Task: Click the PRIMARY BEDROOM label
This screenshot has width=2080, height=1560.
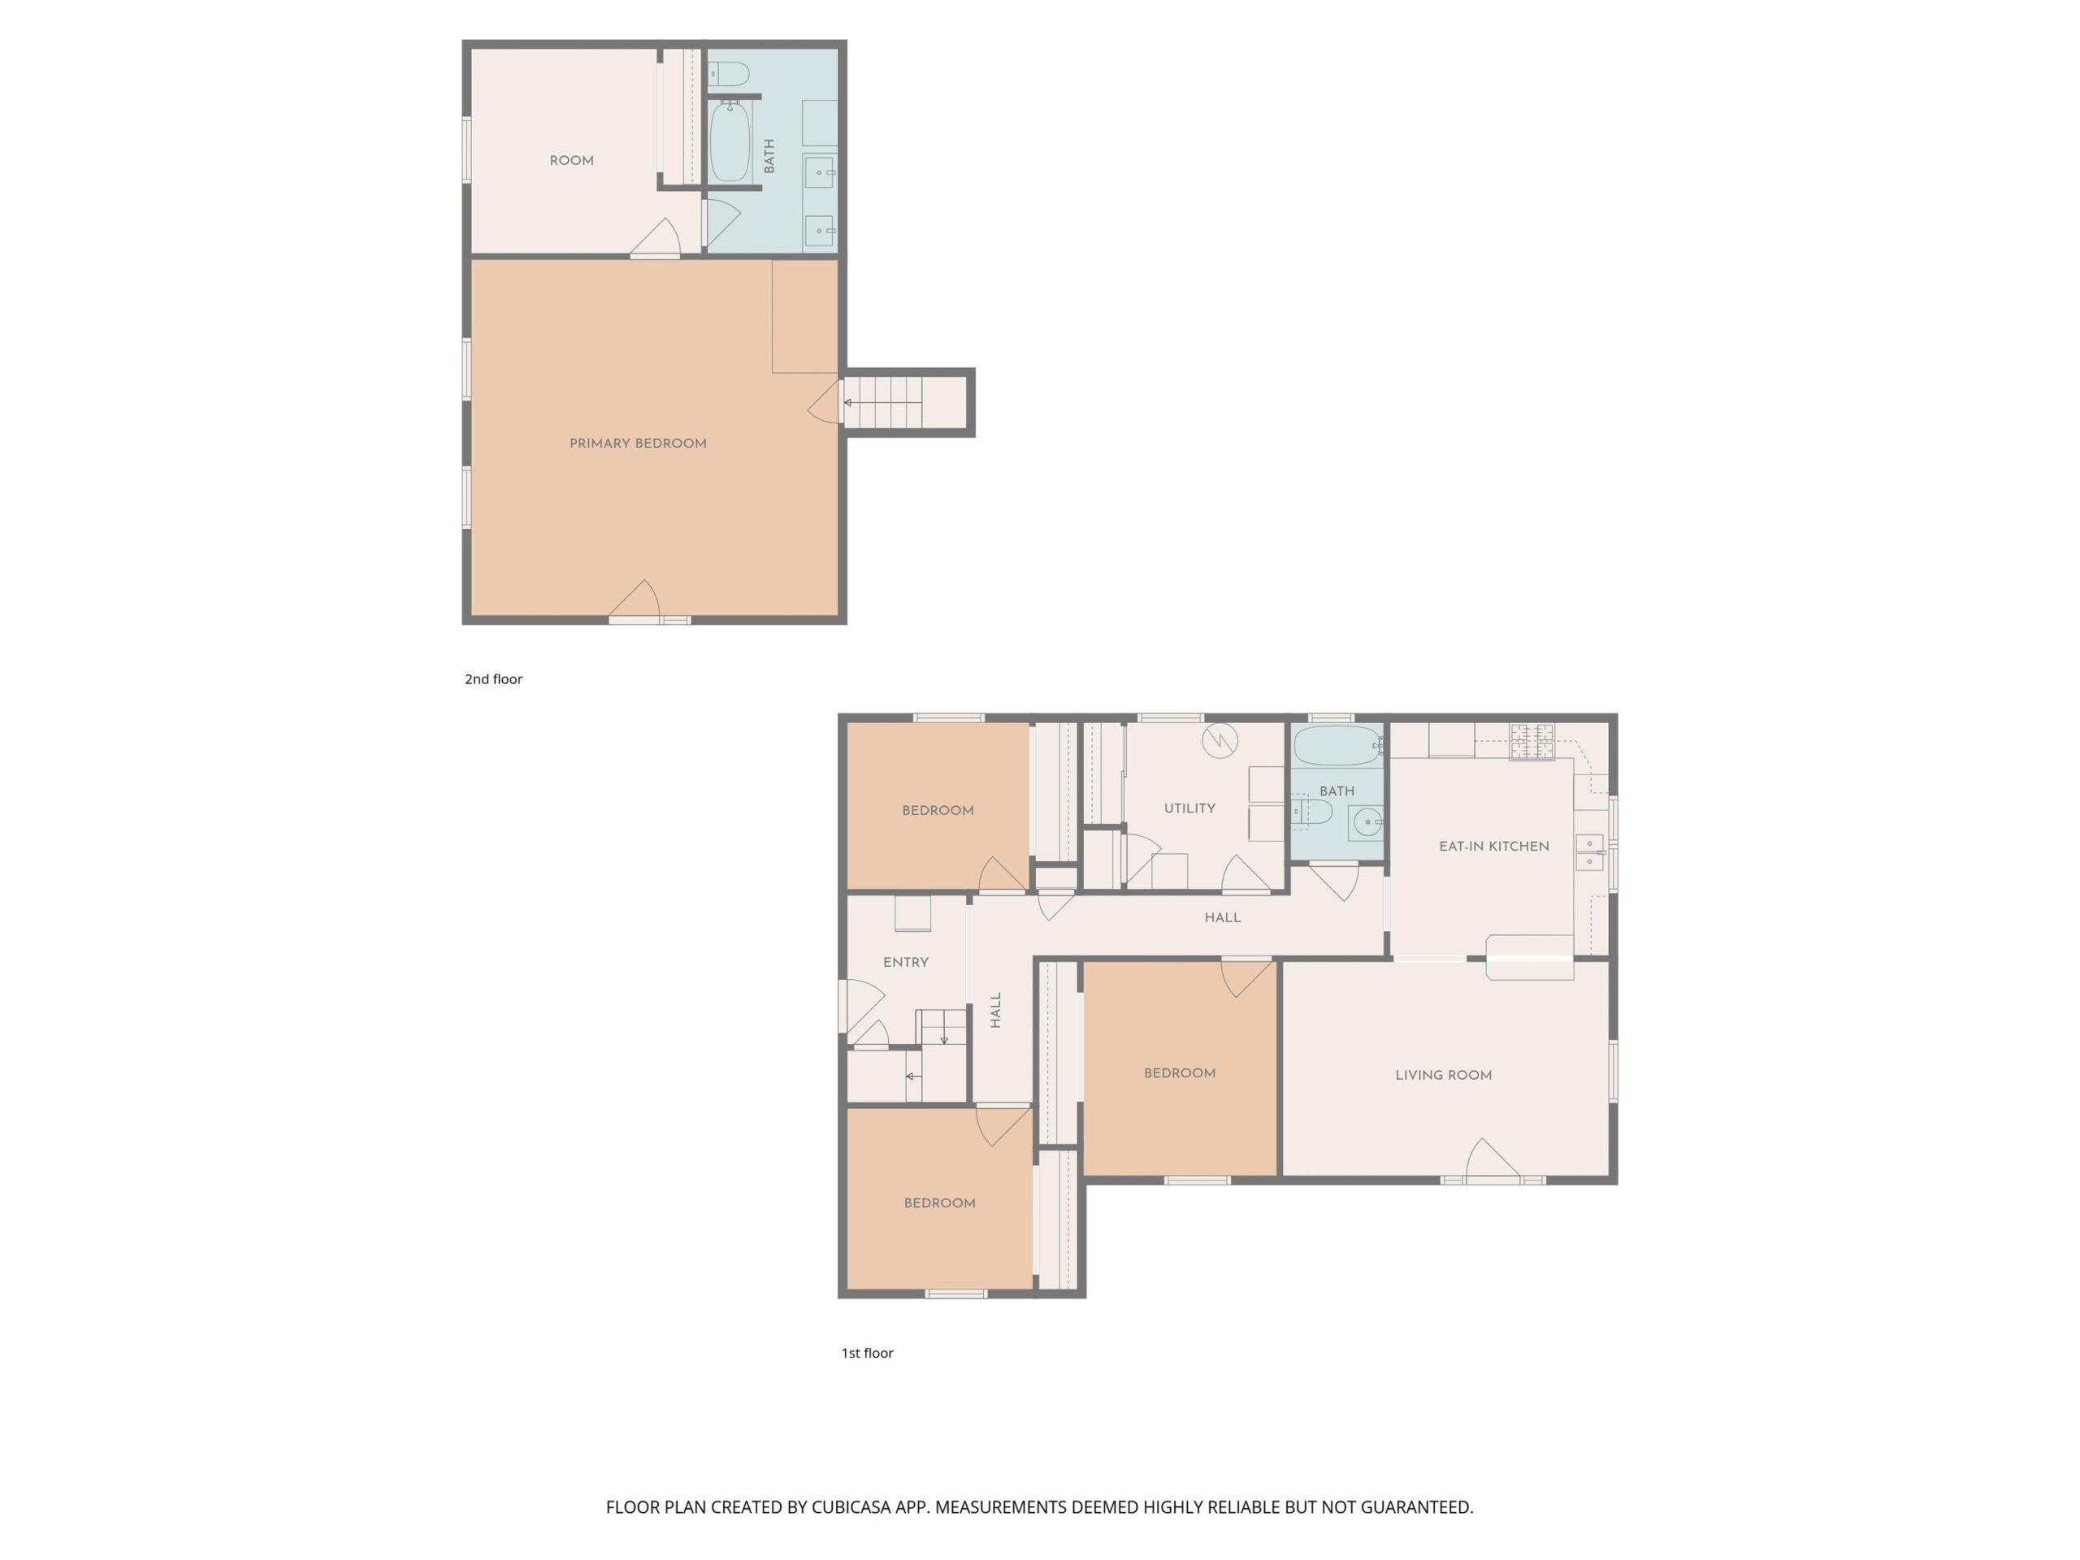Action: [638, 444]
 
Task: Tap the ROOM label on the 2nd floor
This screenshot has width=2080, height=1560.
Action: [572, 161]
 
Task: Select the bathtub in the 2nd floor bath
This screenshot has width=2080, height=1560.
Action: [730, 141]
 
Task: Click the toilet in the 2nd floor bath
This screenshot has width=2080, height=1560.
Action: [729, 73]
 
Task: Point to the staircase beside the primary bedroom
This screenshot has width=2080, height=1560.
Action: [903, 402]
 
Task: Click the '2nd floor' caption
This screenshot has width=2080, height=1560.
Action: [494, 679]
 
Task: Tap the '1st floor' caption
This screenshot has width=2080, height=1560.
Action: [867, 1353]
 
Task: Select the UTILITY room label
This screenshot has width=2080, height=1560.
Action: [1189, 808]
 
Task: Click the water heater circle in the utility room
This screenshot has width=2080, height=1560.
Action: [1220, 741]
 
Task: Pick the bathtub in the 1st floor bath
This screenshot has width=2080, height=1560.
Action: [1337, 746]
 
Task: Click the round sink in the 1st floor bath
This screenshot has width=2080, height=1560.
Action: [1368, 822]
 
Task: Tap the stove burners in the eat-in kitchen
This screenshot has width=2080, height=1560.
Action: [1532, 742]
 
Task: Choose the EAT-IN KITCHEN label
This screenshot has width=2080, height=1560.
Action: [1494, 847]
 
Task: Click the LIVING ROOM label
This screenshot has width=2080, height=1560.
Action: [1443, 1075]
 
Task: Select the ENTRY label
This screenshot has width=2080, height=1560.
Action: [906, 962]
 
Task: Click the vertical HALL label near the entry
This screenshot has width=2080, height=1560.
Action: [996, 1010]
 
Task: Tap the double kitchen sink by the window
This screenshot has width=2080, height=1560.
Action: [1589, 852]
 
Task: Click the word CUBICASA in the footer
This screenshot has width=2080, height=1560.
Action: [851, 1506]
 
